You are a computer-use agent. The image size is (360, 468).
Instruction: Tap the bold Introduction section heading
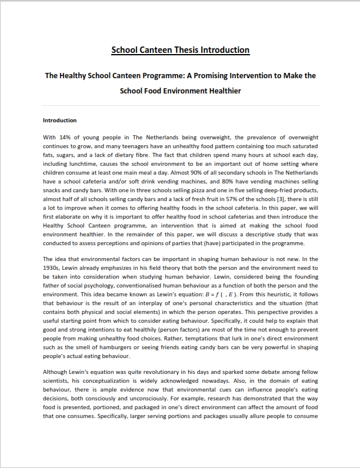[x=60, y=120]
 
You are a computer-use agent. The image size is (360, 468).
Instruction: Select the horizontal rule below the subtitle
[x=181, y=106]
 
